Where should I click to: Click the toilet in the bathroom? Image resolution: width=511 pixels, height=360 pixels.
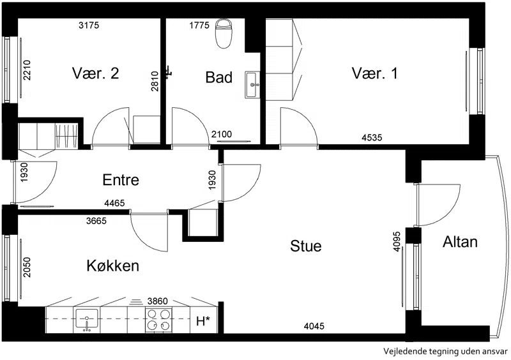point(224,33)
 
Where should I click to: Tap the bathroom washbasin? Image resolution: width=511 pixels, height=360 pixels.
point(253,85)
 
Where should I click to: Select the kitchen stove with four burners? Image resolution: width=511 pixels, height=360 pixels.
point(158,320)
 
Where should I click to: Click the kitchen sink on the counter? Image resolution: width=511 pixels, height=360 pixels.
point(87,320)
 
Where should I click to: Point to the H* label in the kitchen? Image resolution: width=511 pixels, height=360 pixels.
point(202,322)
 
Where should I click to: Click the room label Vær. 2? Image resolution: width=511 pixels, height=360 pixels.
point(95,73)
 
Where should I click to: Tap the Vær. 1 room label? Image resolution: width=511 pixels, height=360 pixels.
point(375,73)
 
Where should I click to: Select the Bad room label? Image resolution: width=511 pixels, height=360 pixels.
point(218,77)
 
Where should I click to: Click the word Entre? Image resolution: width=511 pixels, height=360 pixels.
point(121,180)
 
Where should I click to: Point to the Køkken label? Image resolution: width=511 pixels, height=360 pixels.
point(113,266)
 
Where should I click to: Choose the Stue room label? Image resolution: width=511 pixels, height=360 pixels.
point(306,246)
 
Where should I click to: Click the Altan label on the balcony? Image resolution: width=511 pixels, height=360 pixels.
point(460,242)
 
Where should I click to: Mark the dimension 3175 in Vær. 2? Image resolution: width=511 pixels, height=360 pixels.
point(89,25)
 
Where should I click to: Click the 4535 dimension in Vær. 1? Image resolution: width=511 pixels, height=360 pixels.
point(372,137)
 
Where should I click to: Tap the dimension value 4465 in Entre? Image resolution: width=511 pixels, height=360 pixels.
point(114,203)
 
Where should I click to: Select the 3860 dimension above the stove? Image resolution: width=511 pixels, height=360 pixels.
point(157,301)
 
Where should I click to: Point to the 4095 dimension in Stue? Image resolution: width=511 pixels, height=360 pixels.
point(397,241)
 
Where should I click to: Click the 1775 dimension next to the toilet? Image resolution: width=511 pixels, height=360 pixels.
point(199,25)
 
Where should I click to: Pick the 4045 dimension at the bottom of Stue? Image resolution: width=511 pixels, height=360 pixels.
point(314,326)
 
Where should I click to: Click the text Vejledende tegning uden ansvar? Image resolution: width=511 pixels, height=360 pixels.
point(445,352)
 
